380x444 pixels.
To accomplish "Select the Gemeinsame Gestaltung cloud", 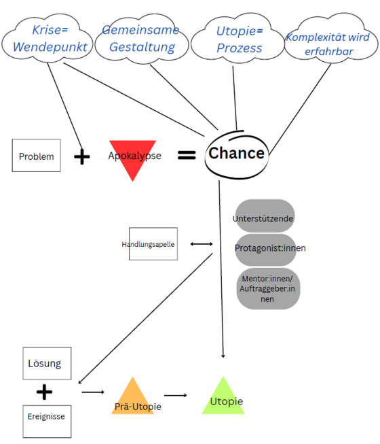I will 140,39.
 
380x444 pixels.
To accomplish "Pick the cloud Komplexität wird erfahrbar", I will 328,43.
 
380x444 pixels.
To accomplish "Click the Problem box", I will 36,156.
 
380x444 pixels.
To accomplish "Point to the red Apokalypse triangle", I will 134,158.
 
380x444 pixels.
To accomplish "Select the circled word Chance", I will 236,153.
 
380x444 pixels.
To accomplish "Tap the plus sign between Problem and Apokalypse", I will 81,156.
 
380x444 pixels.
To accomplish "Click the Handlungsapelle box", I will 153,243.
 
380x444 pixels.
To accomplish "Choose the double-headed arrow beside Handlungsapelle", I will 202,243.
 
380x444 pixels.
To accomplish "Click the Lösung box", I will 44,363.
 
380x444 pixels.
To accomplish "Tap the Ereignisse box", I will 46,416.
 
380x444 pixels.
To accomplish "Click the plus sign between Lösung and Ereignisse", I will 44,392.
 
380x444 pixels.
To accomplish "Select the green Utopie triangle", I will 223,397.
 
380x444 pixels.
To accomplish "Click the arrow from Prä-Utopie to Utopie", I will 175,394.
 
